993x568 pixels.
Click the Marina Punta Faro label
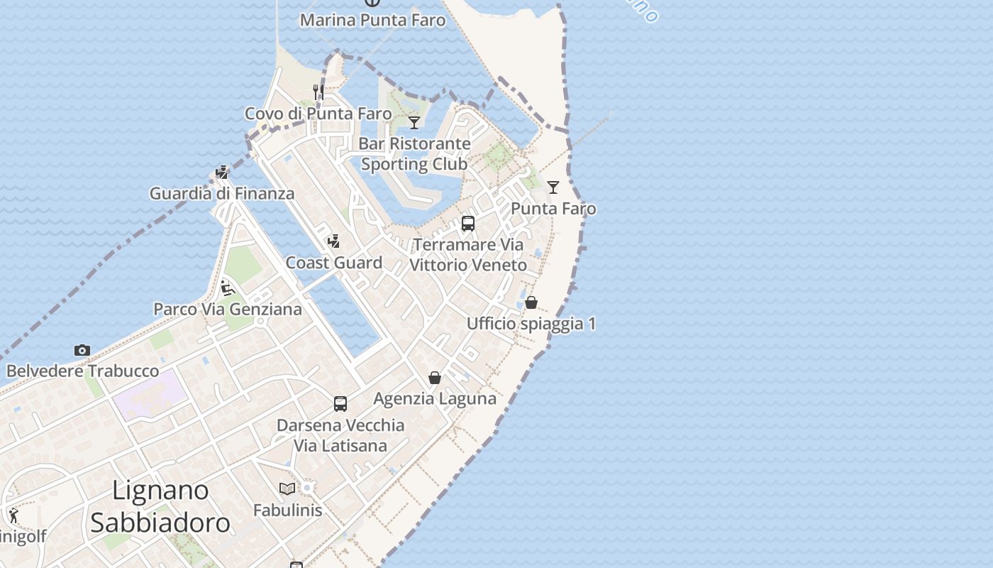[x=372, y=20]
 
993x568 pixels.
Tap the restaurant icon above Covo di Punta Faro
[x=318, y=92]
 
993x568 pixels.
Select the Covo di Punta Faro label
[x=318, y=114]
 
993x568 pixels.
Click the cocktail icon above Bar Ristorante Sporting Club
[x=414, y=122]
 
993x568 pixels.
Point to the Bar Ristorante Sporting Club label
[x=414, y=153]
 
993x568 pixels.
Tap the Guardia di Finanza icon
[x=222, y=172]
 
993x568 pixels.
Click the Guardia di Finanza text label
[x=221, y=193]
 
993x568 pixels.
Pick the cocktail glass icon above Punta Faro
[x=553, y=187]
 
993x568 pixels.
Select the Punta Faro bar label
[x=553, y=209]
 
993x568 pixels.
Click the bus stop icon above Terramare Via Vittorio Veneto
[x=468, y=224]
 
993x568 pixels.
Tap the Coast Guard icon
[x=333, y=241]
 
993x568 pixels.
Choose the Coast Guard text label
[x=333, y=263]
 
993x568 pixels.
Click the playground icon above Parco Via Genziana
[x=228, y=288]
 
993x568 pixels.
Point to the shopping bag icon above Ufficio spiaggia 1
[x=531, y=302]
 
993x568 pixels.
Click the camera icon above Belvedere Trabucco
[x=82, y=350]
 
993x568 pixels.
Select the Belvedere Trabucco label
[x=82, y=371]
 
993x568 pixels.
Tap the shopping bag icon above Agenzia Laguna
[x=435, y=378]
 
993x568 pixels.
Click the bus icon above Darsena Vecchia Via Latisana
[x=340, y=404]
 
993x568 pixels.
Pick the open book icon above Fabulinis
[x=287, y=488]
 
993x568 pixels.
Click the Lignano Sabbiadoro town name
[x=160, y=506]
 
